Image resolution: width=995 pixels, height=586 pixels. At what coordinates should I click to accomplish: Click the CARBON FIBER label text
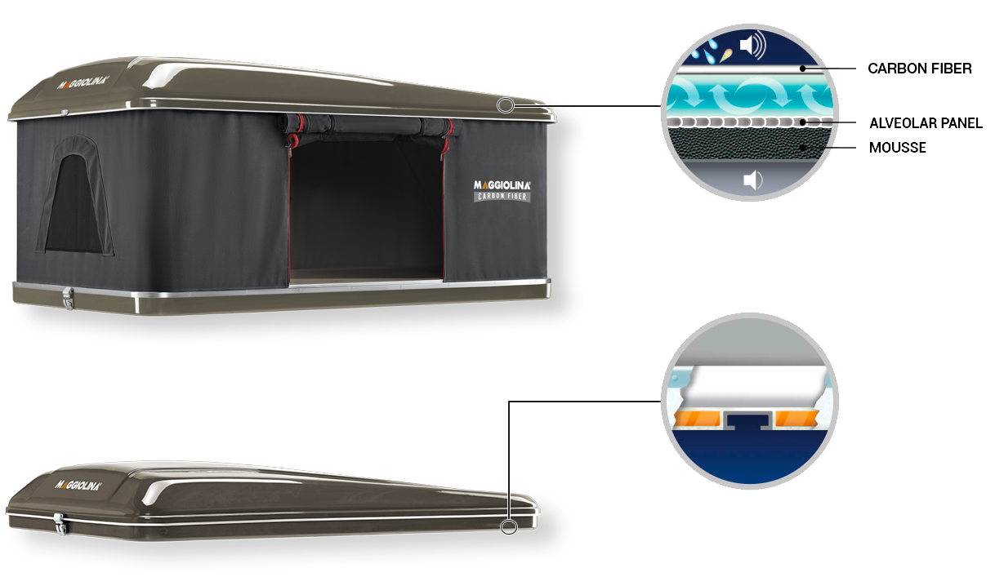[x=920, y=69]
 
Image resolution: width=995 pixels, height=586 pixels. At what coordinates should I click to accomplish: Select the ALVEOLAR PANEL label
[x=926, y=123]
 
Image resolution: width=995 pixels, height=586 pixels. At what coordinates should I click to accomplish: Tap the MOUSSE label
[x=897, y=148]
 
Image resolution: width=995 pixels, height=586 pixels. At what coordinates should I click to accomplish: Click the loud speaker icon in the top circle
[x=753, y=45]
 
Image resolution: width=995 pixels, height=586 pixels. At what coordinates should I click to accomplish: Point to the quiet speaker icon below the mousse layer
[x=753, y=180]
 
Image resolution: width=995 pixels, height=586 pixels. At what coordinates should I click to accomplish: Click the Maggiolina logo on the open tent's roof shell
[x=83, y=82]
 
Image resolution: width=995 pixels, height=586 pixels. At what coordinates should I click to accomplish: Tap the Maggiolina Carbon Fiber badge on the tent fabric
[x=502, y=191]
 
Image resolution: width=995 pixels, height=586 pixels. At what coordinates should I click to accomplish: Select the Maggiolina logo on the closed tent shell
[x=78, y=485]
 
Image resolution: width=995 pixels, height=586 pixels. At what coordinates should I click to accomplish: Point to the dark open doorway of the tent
[x=366, y=209]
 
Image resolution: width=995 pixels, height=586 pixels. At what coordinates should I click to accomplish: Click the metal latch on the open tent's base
[x=68, y=298]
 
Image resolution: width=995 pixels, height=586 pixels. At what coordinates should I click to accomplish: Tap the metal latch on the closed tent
[x=60, y=524]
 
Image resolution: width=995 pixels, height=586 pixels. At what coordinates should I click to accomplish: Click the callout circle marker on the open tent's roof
[x=506, y=105]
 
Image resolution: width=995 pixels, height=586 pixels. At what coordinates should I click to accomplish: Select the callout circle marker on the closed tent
[x=509, y=527]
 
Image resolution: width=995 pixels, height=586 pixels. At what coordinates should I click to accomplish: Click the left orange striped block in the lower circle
[x=697, y=419]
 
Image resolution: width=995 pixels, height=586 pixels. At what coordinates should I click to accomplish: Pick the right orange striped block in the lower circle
[x=796, y=419]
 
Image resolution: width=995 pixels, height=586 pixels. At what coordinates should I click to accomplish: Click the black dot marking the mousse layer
[x=803, y=148]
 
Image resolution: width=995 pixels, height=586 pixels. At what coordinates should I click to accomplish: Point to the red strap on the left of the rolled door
[x=296, y=131]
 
